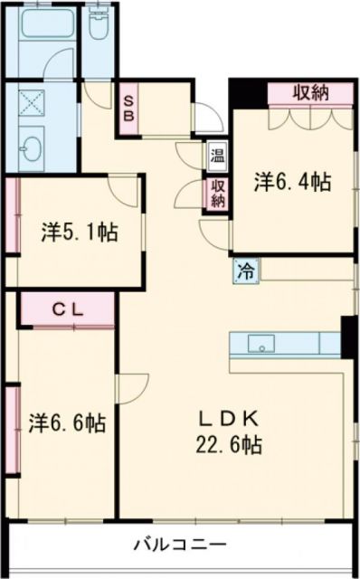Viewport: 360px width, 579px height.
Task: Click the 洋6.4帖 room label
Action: click(291, 182)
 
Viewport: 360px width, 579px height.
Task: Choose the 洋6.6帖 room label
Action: click(67, 422)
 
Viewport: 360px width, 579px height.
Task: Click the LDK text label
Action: click(230, 418)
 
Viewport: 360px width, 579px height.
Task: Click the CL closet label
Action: click(67, 308)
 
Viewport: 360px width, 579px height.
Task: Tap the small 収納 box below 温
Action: click(218, 193)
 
